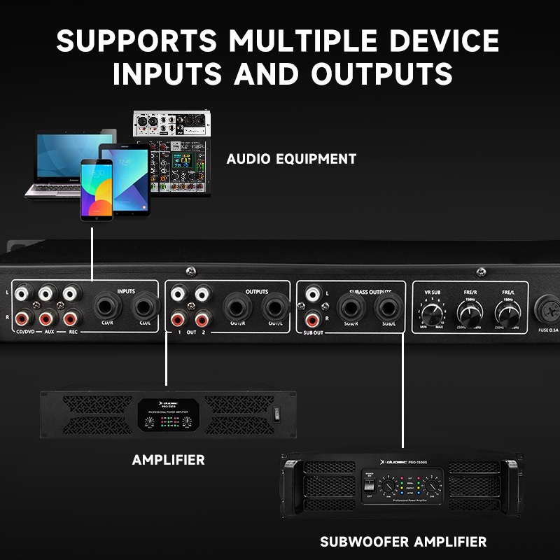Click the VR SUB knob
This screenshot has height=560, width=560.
pos(432,308)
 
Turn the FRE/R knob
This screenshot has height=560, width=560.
pos(468,309)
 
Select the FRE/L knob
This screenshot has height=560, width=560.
pos(507,309)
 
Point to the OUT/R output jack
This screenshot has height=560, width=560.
pos(236,306)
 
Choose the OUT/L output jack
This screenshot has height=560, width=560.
pos(274,306)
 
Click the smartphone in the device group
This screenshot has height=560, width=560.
pos(96,189)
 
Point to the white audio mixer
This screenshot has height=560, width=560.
pos(171,124)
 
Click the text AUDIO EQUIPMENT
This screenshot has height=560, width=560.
pos(291,159)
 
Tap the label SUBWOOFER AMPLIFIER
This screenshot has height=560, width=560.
pos(402,542)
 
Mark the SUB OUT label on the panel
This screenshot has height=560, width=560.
pos(314,332)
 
